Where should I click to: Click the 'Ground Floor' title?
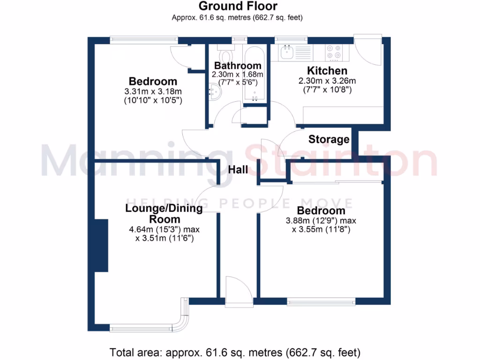[238, 6]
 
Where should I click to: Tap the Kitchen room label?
[327, 71]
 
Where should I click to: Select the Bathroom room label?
[237, 66]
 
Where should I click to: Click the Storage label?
[329, 139]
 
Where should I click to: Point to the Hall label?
[238, 170]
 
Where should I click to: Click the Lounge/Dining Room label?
[164, 214]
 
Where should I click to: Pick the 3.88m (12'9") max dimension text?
[321, 220]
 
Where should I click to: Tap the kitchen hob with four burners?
[334, 52]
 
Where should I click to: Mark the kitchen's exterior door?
[368, 49]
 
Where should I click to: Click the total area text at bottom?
[235, 352]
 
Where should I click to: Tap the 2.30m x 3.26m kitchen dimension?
[327, 80]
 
